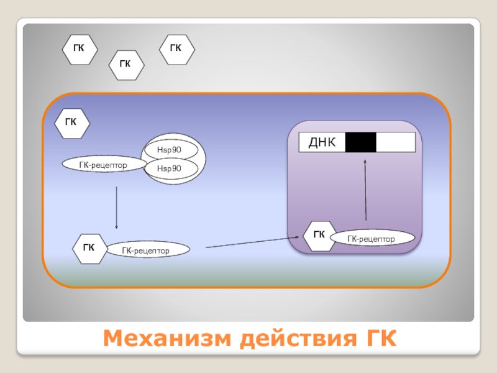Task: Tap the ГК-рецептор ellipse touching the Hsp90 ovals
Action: click(104, 165)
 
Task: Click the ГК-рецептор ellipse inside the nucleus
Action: click(372, 238)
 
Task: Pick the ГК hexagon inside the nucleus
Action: click(319, 235)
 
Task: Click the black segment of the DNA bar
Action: click(360, 142)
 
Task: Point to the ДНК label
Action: click(322, 143)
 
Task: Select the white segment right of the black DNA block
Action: click(395, 142)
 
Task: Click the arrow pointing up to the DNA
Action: click(365, 190)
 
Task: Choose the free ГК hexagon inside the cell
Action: click(72, 122)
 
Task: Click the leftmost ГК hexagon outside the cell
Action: click(80, 49)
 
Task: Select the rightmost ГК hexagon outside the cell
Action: click(176, 49)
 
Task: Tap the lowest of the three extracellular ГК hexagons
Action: click(126, 65)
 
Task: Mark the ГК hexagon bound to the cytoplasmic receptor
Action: click(89, 248)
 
